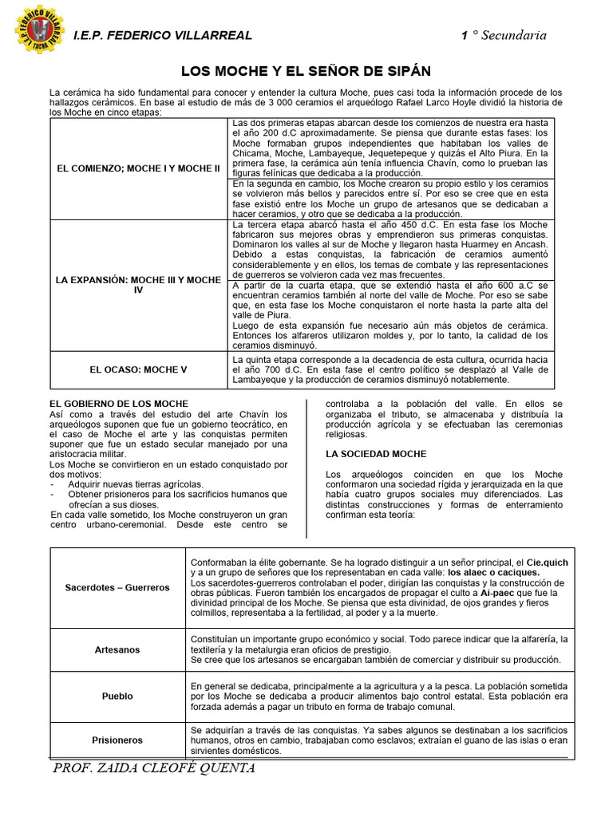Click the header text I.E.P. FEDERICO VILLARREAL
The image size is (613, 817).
[x=162, y=35]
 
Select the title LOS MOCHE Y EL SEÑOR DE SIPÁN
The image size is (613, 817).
[x=306, y=72]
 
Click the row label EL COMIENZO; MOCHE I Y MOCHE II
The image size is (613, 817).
[x=138, y=169]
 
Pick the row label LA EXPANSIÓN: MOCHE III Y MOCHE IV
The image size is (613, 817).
[x=138, y=286]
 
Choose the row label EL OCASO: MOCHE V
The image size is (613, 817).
[x=138, y=370]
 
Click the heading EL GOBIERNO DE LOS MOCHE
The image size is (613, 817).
[x=119, y=404]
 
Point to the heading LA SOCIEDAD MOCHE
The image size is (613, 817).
[x=376, y=453]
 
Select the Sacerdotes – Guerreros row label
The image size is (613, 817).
[x=117, y=587]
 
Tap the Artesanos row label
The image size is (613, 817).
[x=117, y=649]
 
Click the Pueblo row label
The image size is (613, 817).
[x=117, y=696]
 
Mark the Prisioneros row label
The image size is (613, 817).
[x=117, y=740]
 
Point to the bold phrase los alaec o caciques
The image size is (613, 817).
[x=493, y=573]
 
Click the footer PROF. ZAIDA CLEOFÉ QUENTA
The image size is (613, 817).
[x=153, y=768]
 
